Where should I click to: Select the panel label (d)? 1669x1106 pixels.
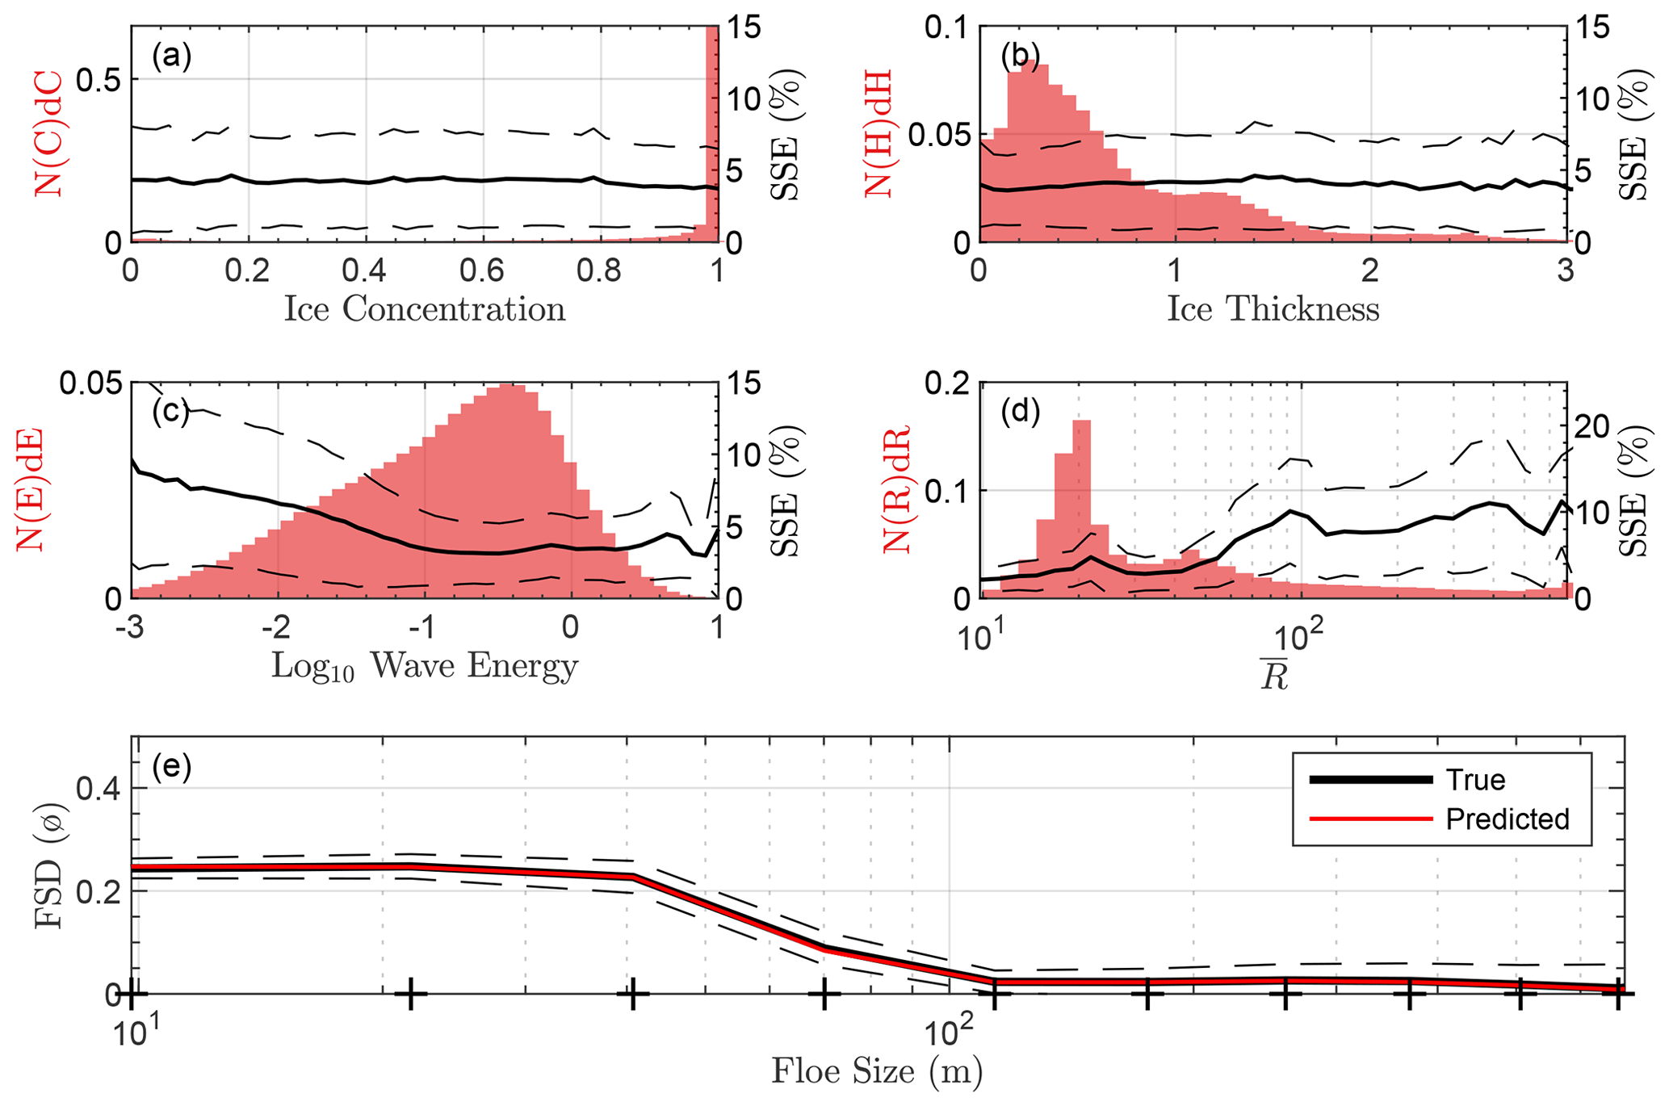pyautogui.click(x=1020, y=412)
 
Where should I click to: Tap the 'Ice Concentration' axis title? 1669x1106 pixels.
pyautogui.click(x=424, y=309)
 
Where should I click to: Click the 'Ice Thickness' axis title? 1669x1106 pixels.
pyautogui.click(x=1273, y=309)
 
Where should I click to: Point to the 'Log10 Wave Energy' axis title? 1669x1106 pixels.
pyautogui.click(x=424, y=667)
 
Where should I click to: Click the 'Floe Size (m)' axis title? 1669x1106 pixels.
pyautogui.click(x=877, y=1072)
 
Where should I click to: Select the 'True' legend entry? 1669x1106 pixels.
pyautogui.click(x=1475, y=780)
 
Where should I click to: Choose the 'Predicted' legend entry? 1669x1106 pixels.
pyautogui.click(x=1507, y=819)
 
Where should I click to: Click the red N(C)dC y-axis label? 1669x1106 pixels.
pyautogui.click(x=50, y=133)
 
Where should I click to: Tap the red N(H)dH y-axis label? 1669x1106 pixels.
pyautogui.click(x=879, y=133)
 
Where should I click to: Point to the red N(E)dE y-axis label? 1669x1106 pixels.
pyautogui.click(x=31, y=490)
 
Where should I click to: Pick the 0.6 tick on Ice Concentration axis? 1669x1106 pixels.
pyautogui.click(x=482, y=270)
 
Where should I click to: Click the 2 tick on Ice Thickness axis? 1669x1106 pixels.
pyautogui.click(x=1370, y=270)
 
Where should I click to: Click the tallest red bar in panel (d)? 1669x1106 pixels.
pyautogui.click(x=1082, y=509)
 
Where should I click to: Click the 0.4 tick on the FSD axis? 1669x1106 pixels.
pyautogui.click(x=97, y=788)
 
